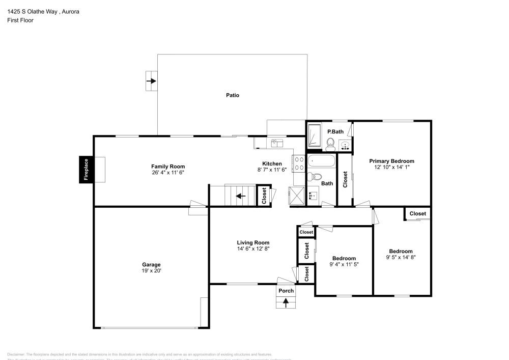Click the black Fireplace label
[86, 170]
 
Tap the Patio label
[233, 95]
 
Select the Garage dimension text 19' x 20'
[151, 271]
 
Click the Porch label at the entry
[286, 291]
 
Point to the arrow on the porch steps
[286, 303]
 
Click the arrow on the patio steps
[151, 81]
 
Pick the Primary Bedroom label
[391, 161]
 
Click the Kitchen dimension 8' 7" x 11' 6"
[272, 170]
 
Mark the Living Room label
[253, 242]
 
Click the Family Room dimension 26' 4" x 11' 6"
[168, 173]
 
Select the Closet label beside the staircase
[264, 196]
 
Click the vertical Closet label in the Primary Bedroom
[346, 179]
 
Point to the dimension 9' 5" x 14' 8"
[401, 258]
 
